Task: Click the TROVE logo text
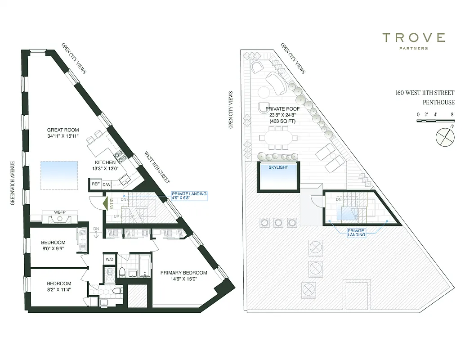[x=414, y=38]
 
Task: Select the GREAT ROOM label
[x=63, y=130]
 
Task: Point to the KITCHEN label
[x=105, y=162]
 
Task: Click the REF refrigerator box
[x=95, y=184]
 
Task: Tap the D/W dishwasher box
[x=107, y=184]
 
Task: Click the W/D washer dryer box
[x=110, y=260]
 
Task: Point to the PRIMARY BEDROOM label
[x=183, y=273]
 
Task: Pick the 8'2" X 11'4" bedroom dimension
[x=59, y=290]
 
